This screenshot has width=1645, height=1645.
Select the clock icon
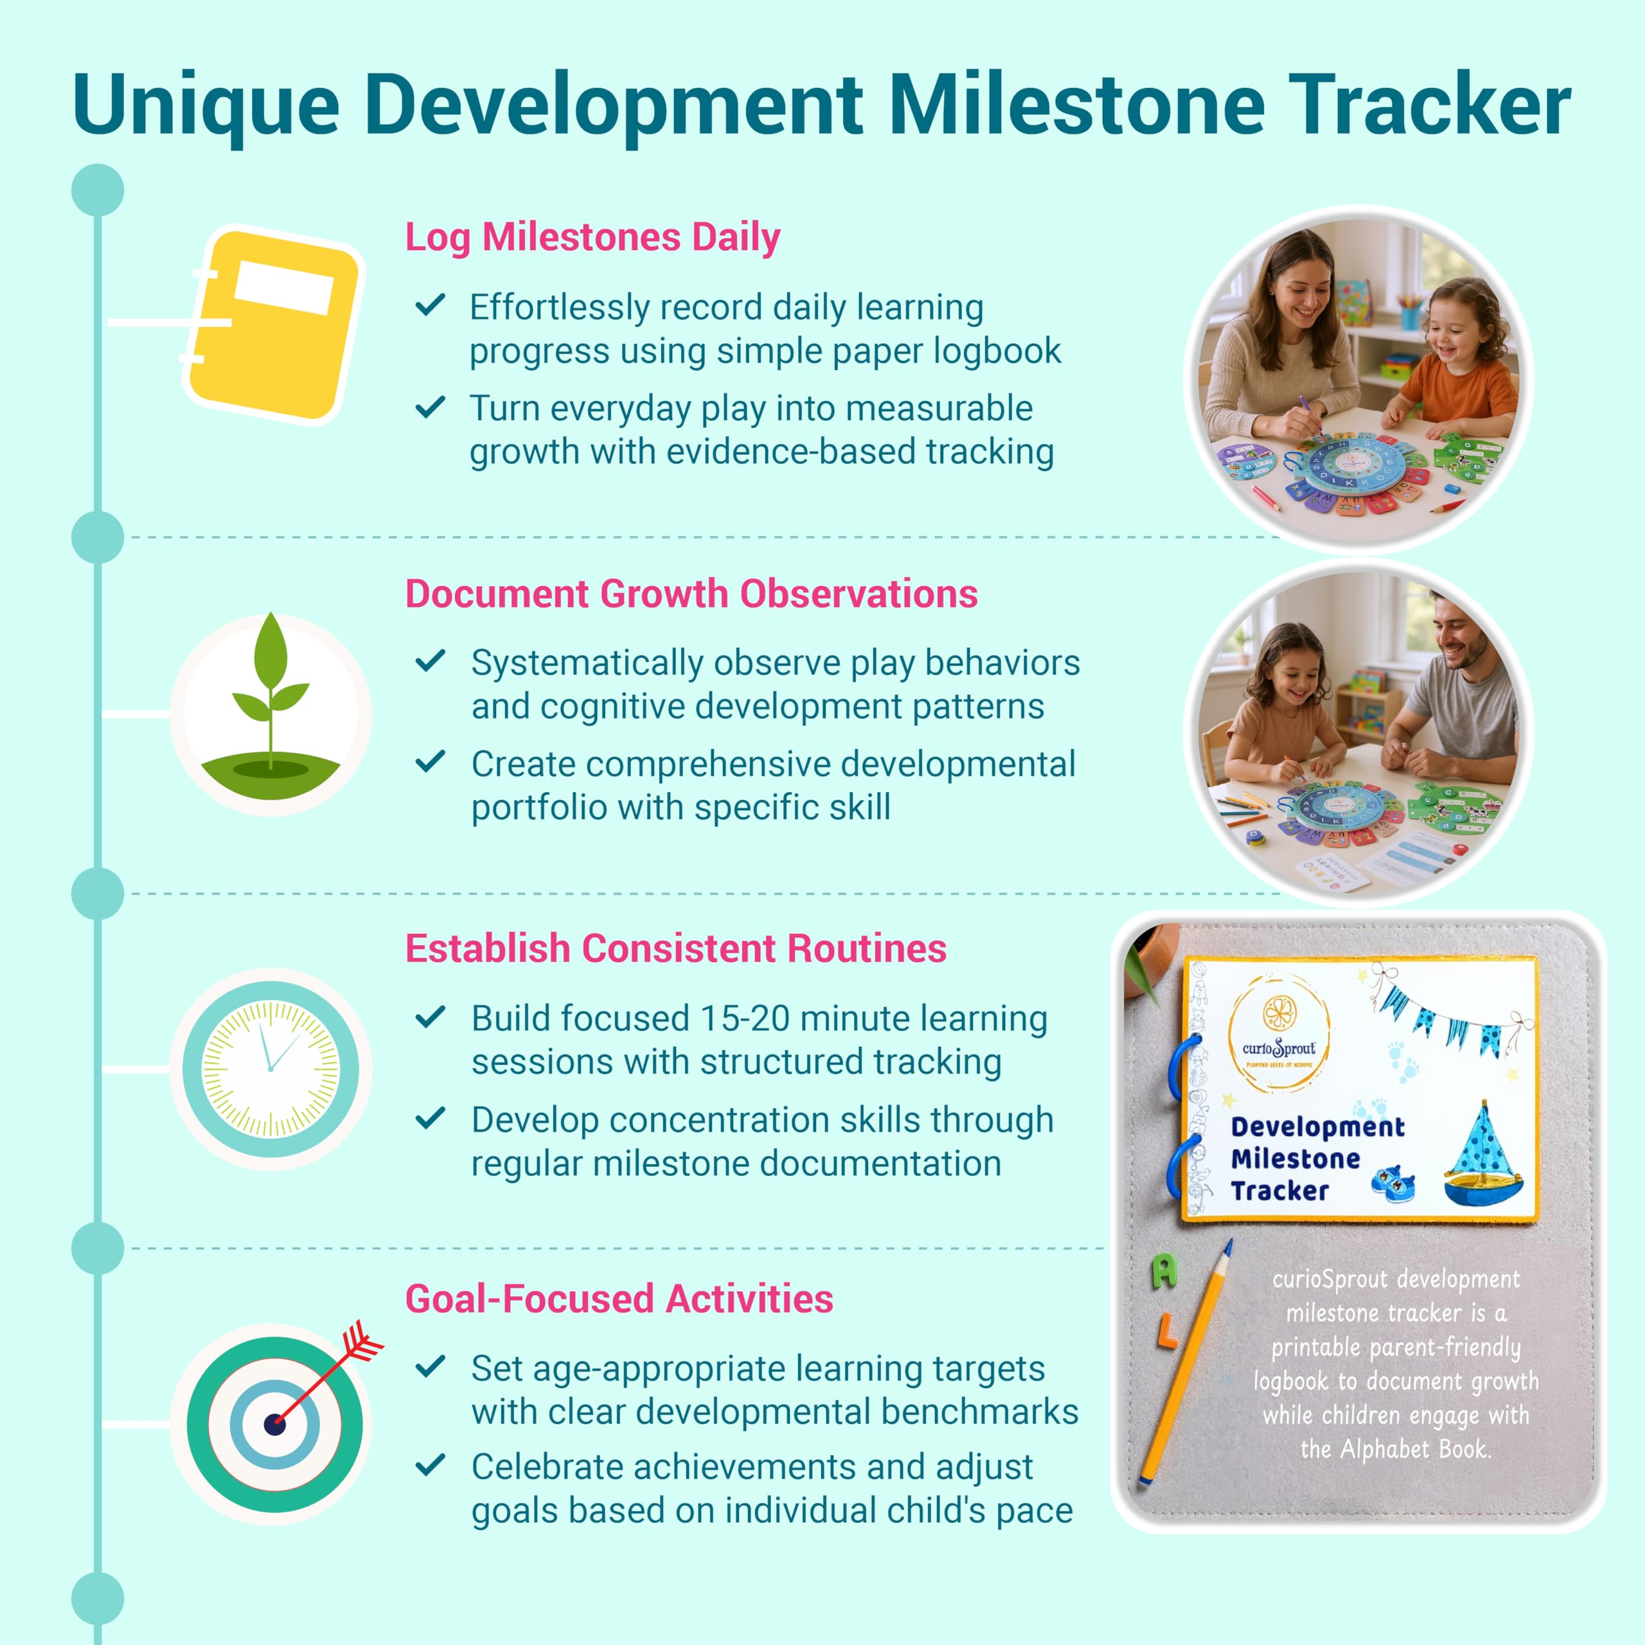(x=271, y=1069)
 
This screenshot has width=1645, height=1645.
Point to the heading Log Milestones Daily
(x=592, y=238)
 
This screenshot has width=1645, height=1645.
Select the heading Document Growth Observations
(x=691, y=594)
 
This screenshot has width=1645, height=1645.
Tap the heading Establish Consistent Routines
(x=676, y=948)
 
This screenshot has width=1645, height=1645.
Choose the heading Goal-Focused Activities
(x=619, y=1299)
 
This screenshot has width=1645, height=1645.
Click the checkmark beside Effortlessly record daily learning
(x=430, y=305)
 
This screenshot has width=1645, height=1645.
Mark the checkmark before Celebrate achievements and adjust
(x=430, y=1465)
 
